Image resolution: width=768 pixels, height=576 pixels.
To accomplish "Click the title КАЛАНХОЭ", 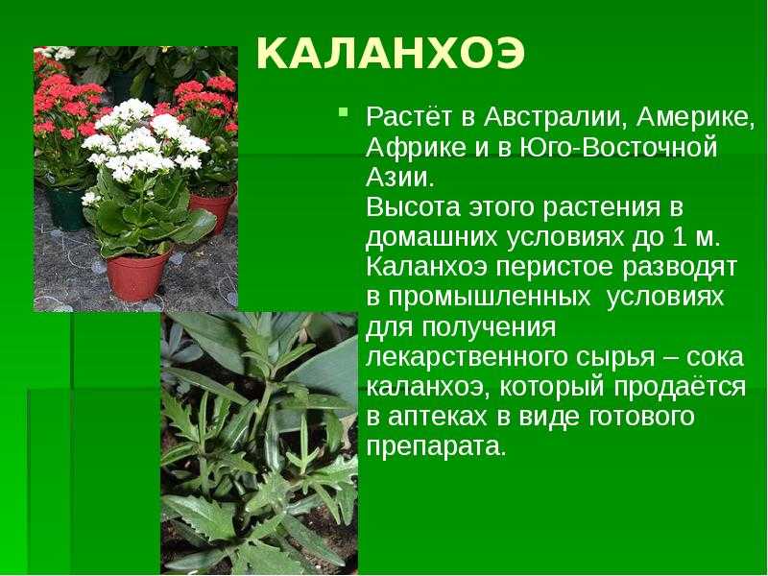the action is [391, 54].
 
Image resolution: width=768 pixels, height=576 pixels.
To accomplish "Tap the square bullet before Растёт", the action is [344, 112].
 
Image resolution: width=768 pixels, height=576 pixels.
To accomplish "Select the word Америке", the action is [695, 118].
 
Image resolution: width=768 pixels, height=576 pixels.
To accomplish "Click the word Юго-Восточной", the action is [617, 147].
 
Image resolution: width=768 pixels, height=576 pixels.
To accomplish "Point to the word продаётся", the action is [680, 388].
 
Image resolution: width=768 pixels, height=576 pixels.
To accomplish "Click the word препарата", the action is [436, 447].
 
